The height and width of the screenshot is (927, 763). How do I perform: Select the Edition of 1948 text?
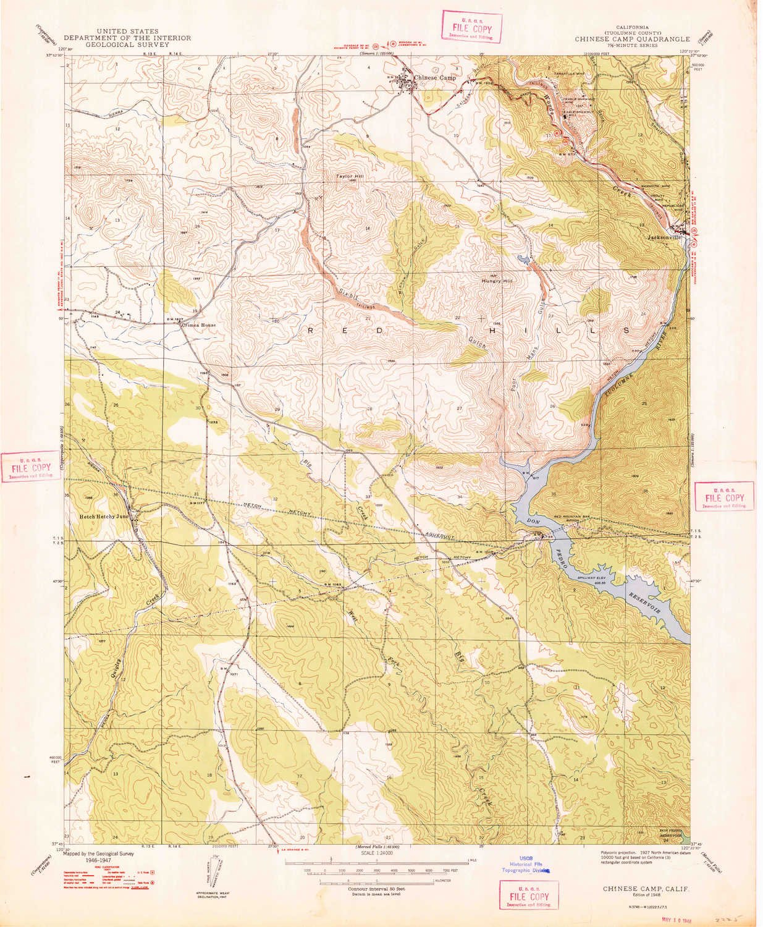coord(646,894)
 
